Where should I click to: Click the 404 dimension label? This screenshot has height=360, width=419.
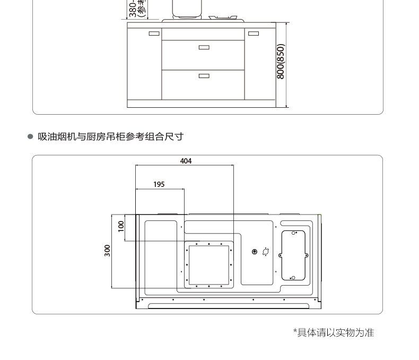186,161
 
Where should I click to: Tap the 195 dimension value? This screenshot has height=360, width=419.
159,184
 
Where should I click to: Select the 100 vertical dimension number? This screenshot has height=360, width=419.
121,225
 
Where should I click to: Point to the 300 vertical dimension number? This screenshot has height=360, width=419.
108,250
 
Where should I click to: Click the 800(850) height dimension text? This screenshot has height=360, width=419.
281,62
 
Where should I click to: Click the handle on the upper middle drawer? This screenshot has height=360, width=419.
204,48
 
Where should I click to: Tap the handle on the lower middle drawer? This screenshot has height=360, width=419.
204,76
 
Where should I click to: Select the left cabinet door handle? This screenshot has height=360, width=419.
154,33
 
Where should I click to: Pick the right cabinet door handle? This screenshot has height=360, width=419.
254,33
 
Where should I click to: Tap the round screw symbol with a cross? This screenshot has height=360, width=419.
255,252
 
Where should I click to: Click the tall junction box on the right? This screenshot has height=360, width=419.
293,255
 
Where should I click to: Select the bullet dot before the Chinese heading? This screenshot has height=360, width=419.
30,136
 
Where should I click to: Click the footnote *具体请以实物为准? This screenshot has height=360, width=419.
334,332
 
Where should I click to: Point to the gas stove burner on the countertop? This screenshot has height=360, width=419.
225,18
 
